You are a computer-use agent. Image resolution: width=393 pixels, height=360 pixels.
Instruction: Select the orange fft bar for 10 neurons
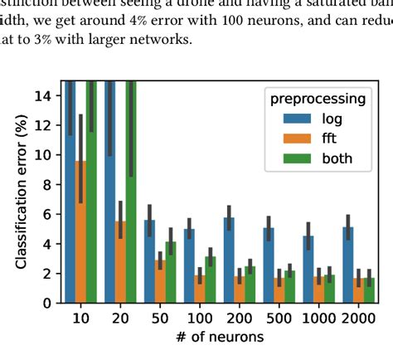tap(80, 232)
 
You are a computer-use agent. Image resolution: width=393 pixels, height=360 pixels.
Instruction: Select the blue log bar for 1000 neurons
tap(308, 270)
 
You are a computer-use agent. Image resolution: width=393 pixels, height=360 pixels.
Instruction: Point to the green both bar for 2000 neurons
tap(369, 290)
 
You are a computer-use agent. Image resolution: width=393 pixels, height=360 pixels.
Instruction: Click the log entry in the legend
tap(319, 119)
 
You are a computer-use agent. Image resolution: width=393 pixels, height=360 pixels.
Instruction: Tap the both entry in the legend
tap(323, 158)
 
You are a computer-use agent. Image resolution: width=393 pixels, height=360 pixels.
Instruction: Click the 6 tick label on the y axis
tap(46, 214)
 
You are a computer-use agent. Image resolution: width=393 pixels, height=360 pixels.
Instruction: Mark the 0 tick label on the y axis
tap(46, 303)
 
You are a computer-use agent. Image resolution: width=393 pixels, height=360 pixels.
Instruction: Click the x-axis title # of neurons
tap(220, 337)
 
